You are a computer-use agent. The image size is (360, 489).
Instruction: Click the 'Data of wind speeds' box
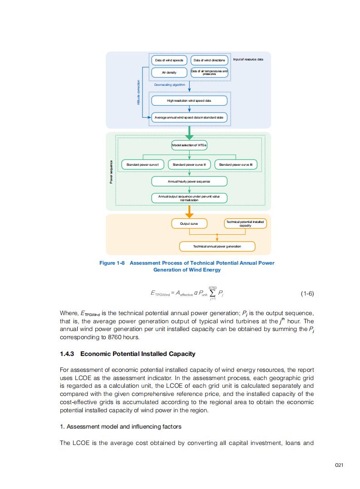[x=169, y=60]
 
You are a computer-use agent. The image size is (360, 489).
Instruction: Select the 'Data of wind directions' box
[x=209, y=60]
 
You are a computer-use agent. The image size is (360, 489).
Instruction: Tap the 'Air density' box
[x=169, y=72]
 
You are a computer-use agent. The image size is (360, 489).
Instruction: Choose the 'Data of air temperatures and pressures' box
[x=209, y=72]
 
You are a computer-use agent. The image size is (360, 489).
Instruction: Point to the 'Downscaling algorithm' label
[x=169, y=84]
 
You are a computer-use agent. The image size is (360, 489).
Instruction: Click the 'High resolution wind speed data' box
[x=189, y=100]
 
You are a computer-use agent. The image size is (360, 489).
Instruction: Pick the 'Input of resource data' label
[x=248, y=59]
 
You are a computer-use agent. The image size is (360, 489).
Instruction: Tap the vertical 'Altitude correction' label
[x=138, y=93]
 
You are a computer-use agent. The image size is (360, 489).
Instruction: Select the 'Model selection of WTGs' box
[x=189, y=145]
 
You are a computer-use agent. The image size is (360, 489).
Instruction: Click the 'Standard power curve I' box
[x=142, y=164]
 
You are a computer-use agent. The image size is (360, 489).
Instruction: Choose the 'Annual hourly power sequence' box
[x=189, y=181]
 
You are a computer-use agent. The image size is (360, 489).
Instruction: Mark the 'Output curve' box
[x=189, y=223]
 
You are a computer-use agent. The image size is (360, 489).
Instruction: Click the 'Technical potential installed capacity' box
[x=245, y=223]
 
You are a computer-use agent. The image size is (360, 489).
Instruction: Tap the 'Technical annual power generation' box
[x=217, y=246]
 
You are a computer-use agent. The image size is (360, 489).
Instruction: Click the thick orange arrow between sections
[x=189, y=212]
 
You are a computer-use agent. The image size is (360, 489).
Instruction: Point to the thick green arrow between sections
[x=189, y=133]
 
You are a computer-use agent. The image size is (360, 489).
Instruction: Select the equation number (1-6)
[x=307, y=293]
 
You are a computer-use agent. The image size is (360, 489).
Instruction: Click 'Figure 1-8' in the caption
[x=112, y=263]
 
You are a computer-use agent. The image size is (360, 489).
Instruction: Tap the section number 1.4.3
[x=69, y=354]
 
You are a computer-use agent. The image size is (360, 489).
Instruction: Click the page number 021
[x=339, y=465]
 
